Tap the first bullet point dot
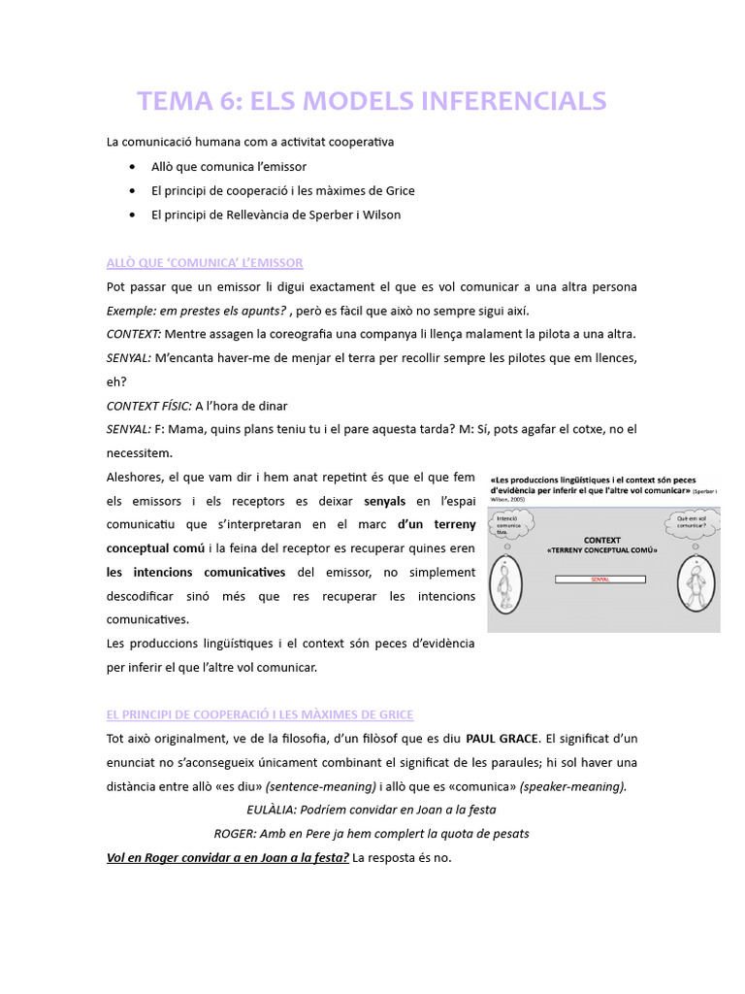(132, 167)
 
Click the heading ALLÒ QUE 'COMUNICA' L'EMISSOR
(205, 263)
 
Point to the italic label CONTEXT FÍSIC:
(148, 406)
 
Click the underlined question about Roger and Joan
(228, 858)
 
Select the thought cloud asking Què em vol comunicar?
(692, 525)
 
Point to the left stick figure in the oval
(505, 586)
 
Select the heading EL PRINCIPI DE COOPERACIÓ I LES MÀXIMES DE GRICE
(260, 714)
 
